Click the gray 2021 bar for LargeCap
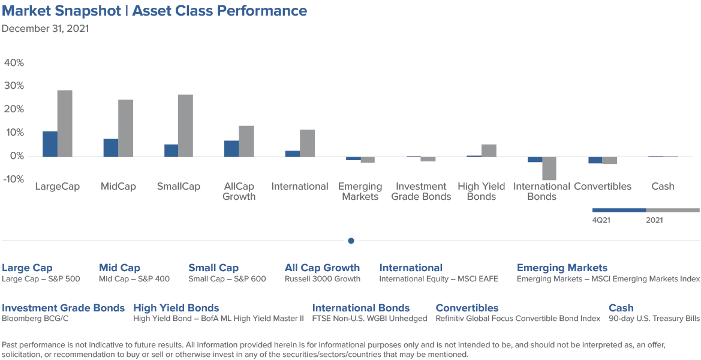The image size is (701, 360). point(65,124)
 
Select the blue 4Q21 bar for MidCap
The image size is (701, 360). point(111,148)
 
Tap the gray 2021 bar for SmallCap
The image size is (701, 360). point(185,125)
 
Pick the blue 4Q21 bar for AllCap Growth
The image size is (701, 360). point(231,148)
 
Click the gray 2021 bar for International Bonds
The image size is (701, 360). point(549,168)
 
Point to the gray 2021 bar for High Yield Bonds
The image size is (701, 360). point(489,150)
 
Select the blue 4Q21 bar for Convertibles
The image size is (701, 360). point(595,160)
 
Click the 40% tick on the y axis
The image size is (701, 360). point(14,62)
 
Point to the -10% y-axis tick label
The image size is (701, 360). point(13,179)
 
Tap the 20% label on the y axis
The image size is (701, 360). point(14,110)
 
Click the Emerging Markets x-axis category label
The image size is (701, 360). point(360,191)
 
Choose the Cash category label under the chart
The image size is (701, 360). point(663,187)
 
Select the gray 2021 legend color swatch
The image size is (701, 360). point(673,210)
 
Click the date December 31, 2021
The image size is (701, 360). point(45,29)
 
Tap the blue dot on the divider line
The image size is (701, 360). point(351,241)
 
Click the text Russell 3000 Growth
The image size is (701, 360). point(323,279)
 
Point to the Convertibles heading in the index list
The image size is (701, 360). point(467,308)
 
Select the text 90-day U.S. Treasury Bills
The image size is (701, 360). point(654,319)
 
